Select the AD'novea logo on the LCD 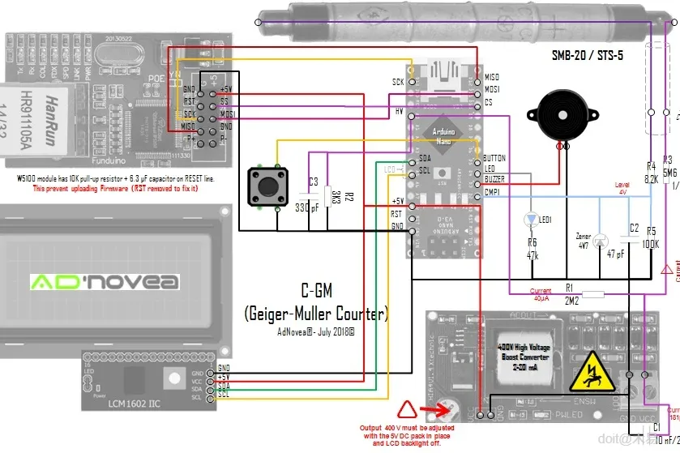tap(105, 281)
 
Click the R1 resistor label tap(569, 288)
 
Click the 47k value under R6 tap(532, 255)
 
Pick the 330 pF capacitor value tap(307, 208)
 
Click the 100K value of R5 tap(650, 243)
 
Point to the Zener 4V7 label tap(584, 239)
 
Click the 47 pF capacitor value tap(615, 254)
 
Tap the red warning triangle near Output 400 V tap(407, 408)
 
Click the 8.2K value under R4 tap(651, 178)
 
